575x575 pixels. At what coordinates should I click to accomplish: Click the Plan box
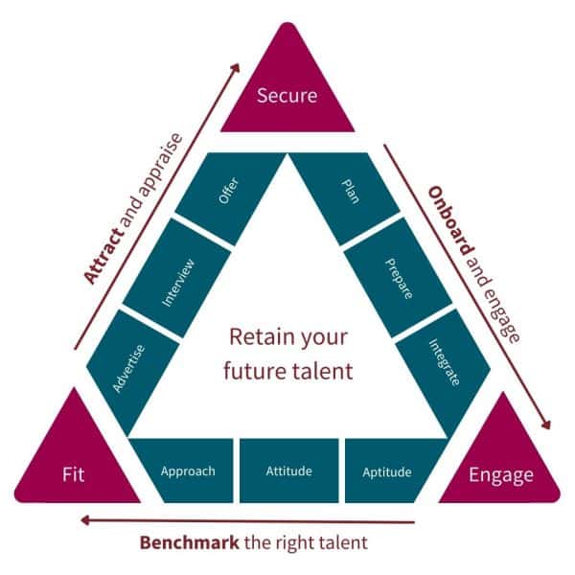pyautogui.click(x=349, y=188)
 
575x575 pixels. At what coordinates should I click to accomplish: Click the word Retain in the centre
pyautogui.click(x=255, y=338)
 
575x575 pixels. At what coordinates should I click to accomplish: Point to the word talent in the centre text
pyautogui.click(x=326, y=369)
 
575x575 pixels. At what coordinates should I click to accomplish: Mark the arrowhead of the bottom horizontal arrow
pyautogui.click(x=86, y=520)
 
